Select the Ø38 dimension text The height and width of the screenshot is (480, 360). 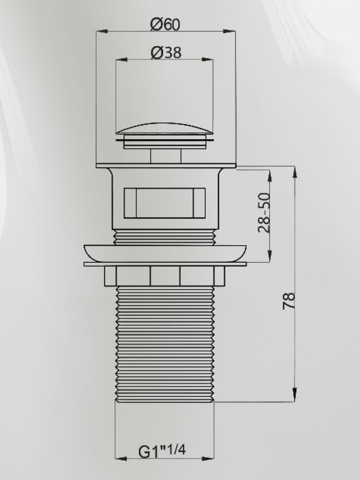click(166, 52)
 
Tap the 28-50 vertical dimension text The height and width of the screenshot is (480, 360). click(264, 212)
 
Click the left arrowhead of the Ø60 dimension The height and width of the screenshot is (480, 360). click(102, 31)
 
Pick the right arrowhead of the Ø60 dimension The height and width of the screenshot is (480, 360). click(229, 31)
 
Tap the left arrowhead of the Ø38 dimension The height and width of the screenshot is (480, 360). click(121, 60)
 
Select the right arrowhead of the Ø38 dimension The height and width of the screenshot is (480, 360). click(207, 60)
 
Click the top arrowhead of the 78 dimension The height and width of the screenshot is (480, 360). click(295, 173)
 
